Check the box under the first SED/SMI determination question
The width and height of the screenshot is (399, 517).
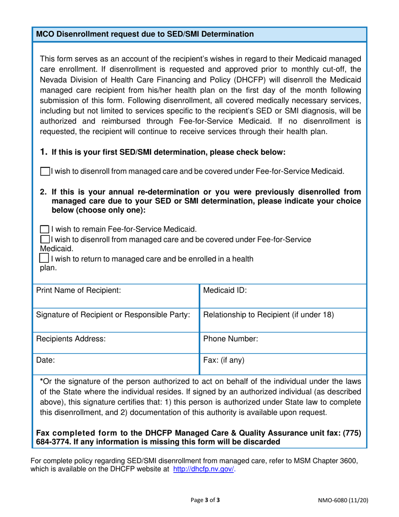pos(45,171)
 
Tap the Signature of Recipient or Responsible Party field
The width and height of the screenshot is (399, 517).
pos(115,320)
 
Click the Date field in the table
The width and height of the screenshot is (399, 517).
pos(115,365)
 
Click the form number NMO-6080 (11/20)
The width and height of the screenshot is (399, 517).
pos(344,500)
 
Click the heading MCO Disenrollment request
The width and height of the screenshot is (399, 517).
pos(145,34)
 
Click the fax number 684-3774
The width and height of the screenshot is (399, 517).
pos(52,442)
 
